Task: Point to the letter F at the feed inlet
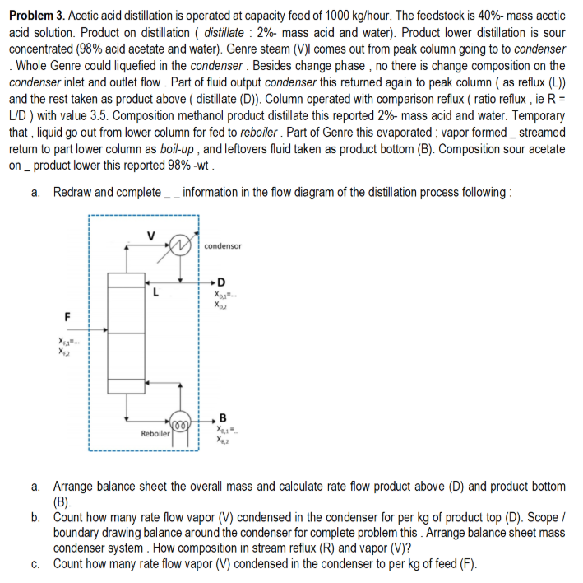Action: pyautogui.click(x=67, y=315)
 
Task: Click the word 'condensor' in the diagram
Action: pyautogui.click(x=223, y=246)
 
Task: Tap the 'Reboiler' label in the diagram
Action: pyautogui.click(x=155, y=433)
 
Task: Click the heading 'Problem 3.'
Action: pyautogui.click(x=38, y=16)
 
